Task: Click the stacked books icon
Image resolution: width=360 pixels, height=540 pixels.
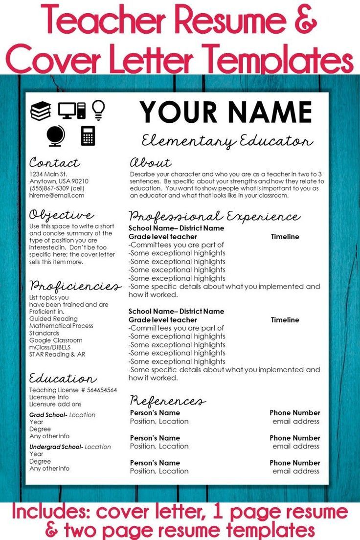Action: point(41,111)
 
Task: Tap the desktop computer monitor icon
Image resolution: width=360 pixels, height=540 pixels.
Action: point(67,110)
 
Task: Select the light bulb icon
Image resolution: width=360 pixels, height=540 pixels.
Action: point(99,110)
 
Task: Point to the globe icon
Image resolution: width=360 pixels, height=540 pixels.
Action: point(55,136)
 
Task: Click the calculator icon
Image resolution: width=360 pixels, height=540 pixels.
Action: point(88,135)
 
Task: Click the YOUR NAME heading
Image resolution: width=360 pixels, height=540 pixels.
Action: point(226,112)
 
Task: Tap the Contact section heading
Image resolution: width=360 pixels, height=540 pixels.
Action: point(54,162)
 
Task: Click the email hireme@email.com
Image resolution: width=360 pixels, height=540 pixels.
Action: point(56,195)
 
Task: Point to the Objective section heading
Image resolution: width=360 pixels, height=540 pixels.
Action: point(61,215)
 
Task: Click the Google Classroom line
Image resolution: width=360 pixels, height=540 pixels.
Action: point(56,340)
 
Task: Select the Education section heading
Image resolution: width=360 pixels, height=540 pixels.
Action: point(63,379)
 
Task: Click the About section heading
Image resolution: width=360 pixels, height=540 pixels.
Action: point(150,162)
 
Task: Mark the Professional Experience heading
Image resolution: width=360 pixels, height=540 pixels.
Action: point(214,216)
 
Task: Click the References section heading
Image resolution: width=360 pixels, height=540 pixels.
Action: point(167,401)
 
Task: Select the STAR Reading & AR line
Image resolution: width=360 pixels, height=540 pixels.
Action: point(57,354)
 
